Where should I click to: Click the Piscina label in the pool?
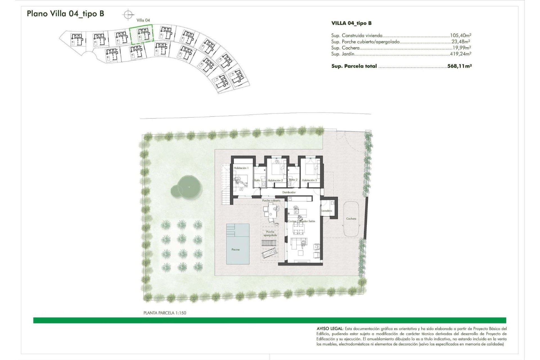click(235, 249)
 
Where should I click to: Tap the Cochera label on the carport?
click(351, 219)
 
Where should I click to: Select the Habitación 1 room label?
click(241, 168)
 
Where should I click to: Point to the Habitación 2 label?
click(275, 181)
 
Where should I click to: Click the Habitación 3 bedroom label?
click(309, 180)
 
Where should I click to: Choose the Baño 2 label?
click(293, 180)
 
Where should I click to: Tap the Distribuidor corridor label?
click(289, 192)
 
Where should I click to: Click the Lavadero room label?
click(327, 211)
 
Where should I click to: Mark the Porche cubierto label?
click(271, 201)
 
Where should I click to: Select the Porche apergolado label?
click(270, 233)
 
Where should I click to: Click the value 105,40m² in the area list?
click(460, 35)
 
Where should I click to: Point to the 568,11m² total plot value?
click(459, 66)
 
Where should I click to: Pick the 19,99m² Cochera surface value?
click(461, 48)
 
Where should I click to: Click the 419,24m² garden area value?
click(460, 54)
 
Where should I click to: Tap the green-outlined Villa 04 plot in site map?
click(141, 35)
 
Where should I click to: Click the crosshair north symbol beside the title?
click(128, 14)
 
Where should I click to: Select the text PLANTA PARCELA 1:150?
click(165, 313)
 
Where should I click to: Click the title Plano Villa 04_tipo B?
click(65, 13)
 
